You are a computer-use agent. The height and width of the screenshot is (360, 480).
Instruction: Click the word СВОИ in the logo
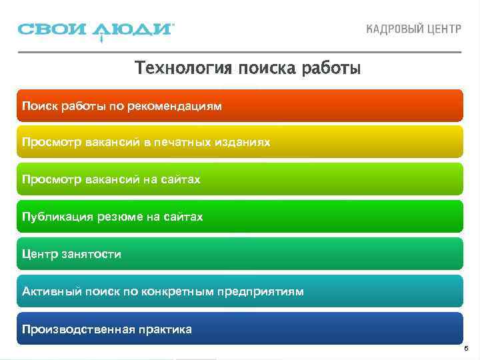tap(53, 30)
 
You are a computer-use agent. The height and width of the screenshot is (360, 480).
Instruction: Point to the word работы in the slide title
tap(330, 69)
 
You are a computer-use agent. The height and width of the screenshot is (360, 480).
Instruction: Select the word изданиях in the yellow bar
tap(244, 143)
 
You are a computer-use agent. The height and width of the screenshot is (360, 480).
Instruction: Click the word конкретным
tap(181, 291)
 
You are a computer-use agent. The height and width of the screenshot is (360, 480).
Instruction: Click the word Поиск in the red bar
tap(37, 105)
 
